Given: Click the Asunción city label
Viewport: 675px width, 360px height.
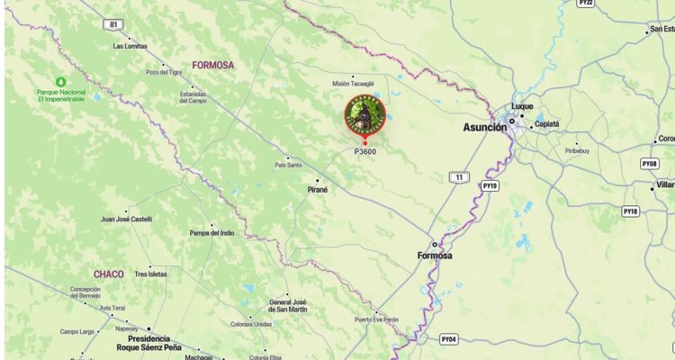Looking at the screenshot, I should point(484,128).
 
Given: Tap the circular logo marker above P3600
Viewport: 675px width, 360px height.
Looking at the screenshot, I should point(364,115).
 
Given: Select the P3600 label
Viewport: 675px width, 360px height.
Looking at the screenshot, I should point(364,151).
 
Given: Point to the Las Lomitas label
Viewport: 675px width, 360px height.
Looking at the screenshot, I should point(129,46).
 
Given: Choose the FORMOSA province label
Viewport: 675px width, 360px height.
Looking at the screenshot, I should point(212,65).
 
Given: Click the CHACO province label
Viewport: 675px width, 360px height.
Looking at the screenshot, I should point(108,274).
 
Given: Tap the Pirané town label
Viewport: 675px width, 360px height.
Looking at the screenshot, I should point(318,190).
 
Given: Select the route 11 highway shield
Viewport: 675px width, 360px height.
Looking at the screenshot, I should point(460,177).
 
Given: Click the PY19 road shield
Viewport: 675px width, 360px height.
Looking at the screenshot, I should point(490,185).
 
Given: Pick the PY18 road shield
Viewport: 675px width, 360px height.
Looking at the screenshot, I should point(630,211).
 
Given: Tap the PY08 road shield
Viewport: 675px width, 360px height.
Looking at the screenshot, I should point(649,164).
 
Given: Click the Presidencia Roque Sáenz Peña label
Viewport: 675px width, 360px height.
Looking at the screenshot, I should point(148,343).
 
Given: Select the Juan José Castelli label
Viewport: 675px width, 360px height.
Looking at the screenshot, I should point(126,219).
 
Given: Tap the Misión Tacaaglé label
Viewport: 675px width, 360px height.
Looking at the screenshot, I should point(353,84).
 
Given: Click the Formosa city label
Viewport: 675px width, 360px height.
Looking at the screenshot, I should point(435,256).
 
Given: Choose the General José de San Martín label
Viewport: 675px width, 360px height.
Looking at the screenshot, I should point(289,306).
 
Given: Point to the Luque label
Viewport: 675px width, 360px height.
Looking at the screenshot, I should point(522,105).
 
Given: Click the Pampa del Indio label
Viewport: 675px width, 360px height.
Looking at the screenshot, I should point(211,233).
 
